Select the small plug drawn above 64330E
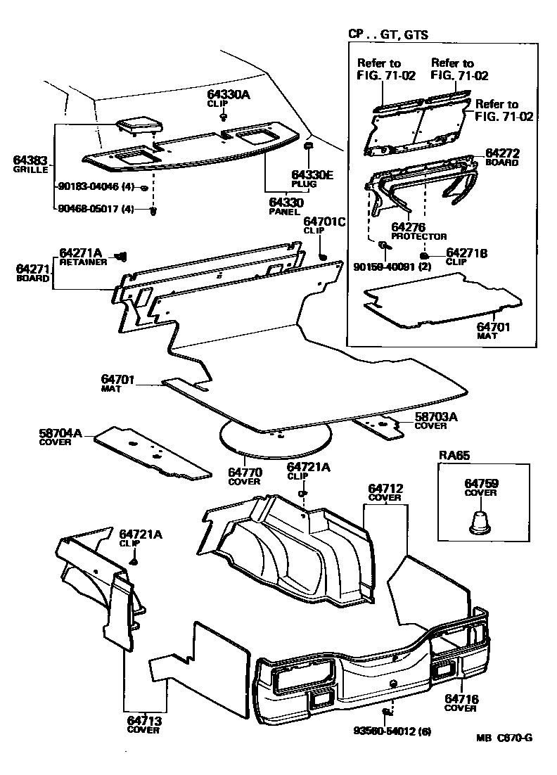[308, 146]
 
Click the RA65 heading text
[454, 455]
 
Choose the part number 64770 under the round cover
[244, 473]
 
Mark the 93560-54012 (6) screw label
[392, 731]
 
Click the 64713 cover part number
[143, 719]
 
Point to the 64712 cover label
[385, 488]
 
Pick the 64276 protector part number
[409, 227]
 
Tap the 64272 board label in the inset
[501, 153]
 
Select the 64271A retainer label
[81, 252]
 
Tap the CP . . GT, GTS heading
[388, 34]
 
